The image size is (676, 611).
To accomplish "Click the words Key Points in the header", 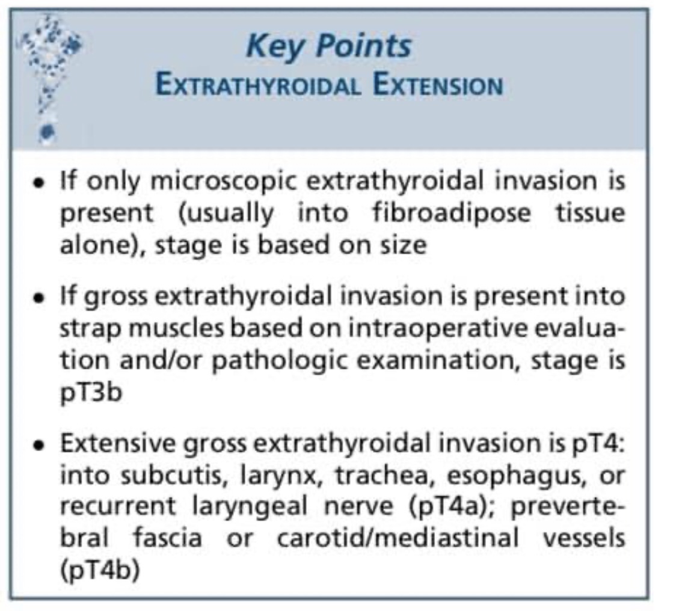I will tap(329, 47).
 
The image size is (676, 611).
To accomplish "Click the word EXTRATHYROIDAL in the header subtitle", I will tap(258, 85).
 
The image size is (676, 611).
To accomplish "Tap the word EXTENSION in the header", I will tap(437, 85).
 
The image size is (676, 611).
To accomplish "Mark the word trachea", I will tap(370, 476).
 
